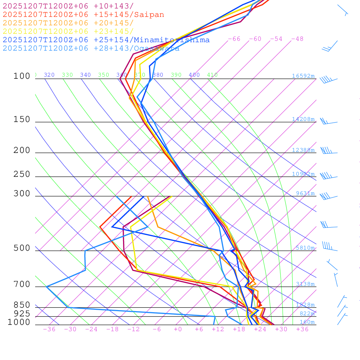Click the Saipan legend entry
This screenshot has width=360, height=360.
83,15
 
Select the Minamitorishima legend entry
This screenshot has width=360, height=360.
106,40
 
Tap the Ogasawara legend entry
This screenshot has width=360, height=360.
91,49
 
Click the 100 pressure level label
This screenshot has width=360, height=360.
22,76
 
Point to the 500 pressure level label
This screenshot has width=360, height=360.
22,249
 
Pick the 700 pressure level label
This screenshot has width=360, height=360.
22,284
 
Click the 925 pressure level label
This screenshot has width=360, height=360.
22,314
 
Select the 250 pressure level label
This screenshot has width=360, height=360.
22,174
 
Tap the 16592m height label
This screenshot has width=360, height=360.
303,76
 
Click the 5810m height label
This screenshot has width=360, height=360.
305,248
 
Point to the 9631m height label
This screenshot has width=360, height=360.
305,193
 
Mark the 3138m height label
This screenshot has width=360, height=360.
305,284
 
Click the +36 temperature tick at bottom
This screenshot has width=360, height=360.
302,329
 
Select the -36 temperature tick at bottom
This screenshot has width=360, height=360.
49,329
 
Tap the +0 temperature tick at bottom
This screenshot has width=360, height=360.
178,329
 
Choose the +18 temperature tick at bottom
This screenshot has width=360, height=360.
239,329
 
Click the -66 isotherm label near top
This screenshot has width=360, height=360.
234,39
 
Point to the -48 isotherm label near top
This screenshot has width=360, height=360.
297,39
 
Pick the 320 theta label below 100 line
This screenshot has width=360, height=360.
49,75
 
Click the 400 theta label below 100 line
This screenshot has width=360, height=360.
194,75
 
